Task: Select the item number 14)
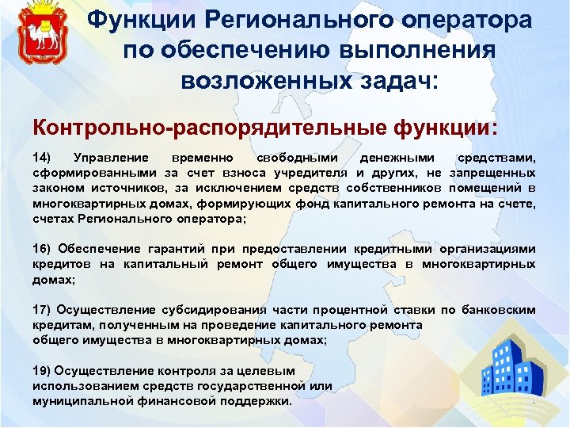point(41,157)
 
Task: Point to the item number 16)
point(42,248)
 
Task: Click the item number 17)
point(42,309)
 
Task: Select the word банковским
point(499,309)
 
